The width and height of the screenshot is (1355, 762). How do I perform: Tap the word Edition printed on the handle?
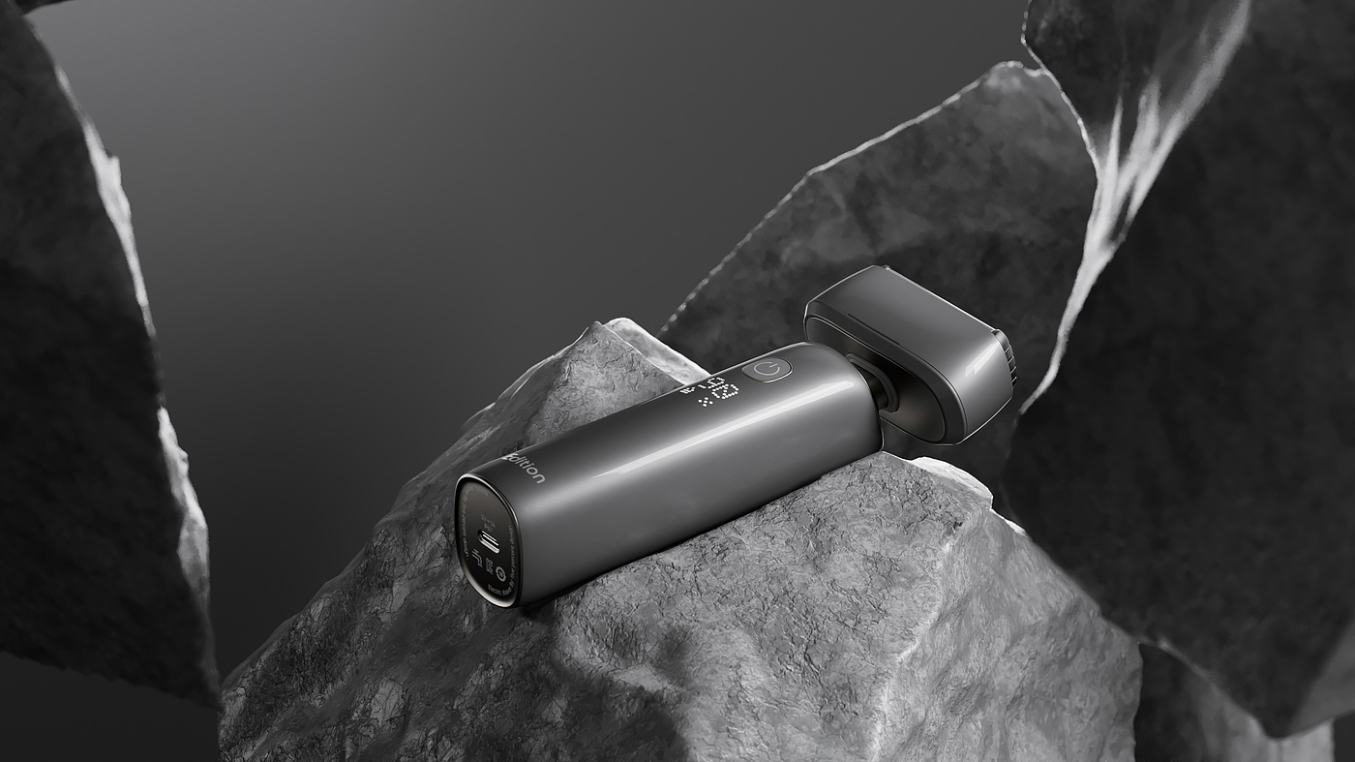(528, 466)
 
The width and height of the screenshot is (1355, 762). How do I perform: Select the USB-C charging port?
(491, 542)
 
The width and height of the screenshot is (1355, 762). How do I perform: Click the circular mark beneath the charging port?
(500, 573)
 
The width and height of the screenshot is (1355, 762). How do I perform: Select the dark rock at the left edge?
(68, 387)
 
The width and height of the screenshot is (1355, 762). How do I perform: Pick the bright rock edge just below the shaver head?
(953, 470)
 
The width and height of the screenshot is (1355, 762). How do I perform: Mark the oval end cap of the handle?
(489, 542)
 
